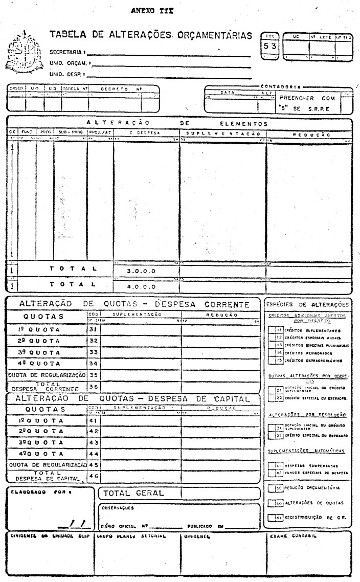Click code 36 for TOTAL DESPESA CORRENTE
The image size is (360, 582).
pyautogui.click(x=93, y=386)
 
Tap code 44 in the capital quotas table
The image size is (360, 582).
pyautogui.click(x=93, y=454)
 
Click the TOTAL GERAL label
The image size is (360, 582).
pyautogui.click(x=133, y=493)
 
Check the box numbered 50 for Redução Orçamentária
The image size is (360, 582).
pyautogui.click(x=272, y=488)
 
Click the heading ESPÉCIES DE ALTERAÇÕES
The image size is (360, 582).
pyautogui.click(x=308, y=304)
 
